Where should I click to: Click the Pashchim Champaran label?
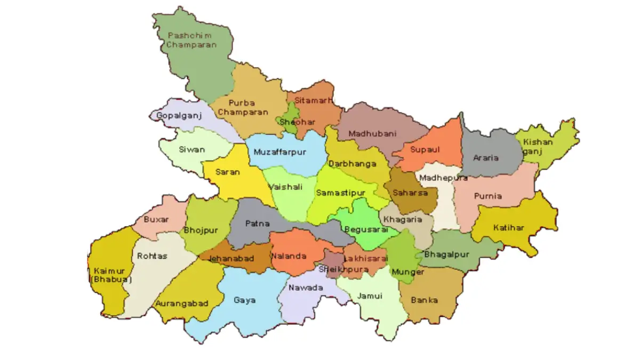pos(191,41)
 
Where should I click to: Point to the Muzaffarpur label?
pos(280,152)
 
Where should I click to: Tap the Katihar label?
pos(508,228)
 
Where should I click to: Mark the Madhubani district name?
pos(372,134)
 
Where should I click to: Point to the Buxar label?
pos(156,219)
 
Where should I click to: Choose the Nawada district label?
pos(306,288)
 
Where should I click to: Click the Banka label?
pos(424,300)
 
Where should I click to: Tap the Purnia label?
pos(488,196)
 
